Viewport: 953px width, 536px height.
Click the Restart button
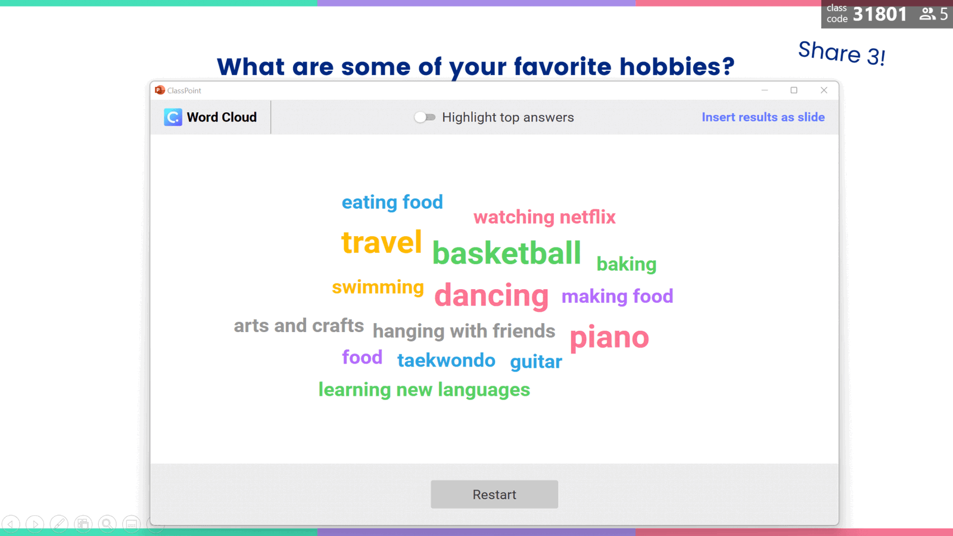(x=494, y=494)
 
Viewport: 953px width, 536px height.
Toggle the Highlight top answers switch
(x=425, y=117)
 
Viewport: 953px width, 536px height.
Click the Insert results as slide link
(x=762, y=117)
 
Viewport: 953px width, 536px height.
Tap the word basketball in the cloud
(x=506, y=253)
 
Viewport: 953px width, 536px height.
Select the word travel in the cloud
(x=381, y=243)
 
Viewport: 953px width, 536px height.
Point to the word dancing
(x=491, y=295)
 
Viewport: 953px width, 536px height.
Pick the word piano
(x=609, y=337)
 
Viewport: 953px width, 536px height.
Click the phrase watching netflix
(x=544, y=217)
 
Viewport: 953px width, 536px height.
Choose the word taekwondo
(x=446, y=360)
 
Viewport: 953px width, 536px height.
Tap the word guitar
(x=535, y=361)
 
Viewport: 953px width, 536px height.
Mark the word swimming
(x=378, y=287)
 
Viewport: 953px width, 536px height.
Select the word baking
(x=626, y=264)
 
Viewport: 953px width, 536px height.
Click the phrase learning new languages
(x=424, y=390)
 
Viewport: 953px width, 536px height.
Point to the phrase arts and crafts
(x=298, y=326)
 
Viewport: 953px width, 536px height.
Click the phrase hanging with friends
(x=463, y=331)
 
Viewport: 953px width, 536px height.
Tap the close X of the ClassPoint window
(x=824, y=90)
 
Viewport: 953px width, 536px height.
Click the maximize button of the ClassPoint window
(x=794, y=90)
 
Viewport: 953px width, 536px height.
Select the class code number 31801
(x=880, y=14)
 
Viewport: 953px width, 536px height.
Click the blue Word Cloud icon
(x=173, y=117)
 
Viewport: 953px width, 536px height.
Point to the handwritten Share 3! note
(x=841, y=54)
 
